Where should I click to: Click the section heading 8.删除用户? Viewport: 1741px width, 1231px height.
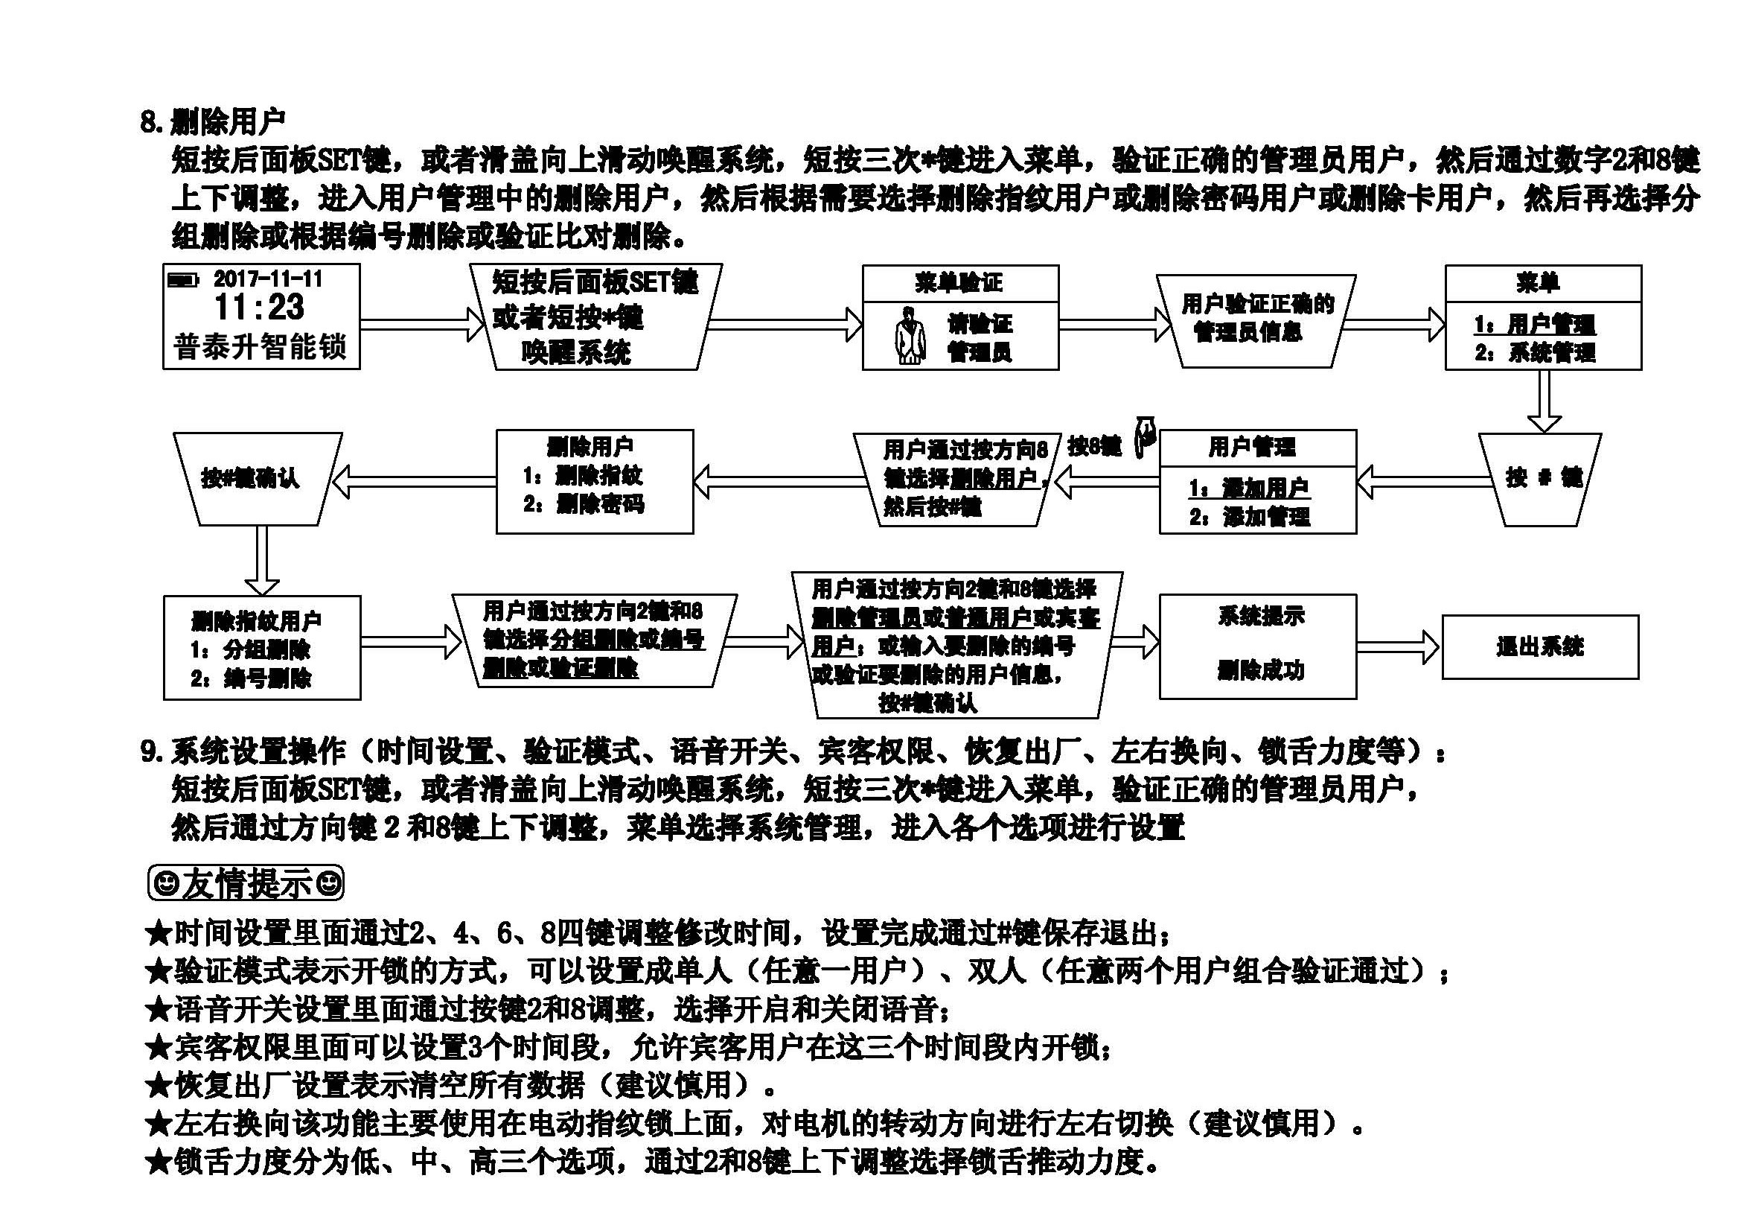[213, 121]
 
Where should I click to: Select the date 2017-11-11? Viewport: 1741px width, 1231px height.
[269, 279]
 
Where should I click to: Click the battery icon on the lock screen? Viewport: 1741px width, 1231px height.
[182, 280]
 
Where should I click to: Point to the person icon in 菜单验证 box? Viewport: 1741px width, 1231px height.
[910, 335]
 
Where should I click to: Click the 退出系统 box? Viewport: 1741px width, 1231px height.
[1539, 647]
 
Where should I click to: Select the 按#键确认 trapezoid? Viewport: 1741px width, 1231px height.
[250, 478]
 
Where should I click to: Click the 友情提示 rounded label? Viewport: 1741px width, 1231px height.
[246, 884]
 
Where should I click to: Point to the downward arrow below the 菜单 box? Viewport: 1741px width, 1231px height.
[1543, 401]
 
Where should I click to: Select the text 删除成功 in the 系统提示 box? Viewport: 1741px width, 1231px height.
[1260, 670]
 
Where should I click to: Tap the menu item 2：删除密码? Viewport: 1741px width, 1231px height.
[584, 504]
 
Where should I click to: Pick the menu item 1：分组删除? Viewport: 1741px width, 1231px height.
[251, 650]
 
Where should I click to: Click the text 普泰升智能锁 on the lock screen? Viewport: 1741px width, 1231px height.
[260, 347]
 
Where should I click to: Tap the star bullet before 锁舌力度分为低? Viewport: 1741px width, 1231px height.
[159, 1162]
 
